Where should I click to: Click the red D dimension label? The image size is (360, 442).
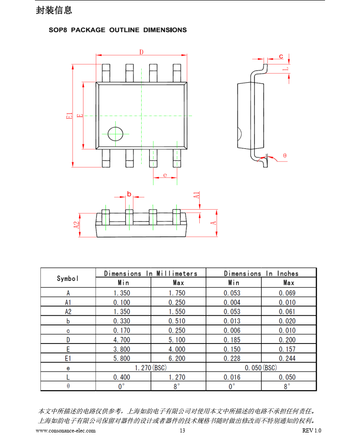(x=141, y=52)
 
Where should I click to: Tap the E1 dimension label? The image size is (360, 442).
(x=69, y=116)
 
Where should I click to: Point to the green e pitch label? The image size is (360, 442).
(x=165, y=175)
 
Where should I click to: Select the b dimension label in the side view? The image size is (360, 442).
(x=129, y=194)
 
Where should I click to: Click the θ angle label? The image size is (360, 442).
(x=285, y=156)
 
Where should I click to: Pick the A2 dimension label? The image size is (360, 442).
(x=76, y=225)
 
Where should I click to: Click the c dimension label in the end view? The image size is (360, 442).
(x=281, y=56)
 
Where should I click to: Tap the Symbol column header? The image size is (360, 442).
(x=68, y=279)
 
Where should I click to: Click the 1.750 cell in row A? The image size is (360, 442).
(x=177, y=293)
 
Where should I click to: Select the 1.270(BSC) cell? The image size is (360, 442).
(x=151, y=368)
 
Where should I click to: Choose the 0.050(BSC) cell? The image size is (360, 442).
(x=261, y=368)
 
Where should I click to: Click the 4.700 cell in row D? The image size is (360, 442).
(x=122, y=340)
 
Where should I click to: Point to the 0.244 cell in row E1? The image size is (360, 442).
(x=287, y=359)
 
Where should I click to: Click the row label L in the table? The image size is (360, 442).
(x=68, y=378)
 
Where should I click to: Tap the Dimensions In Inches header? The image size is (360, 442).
(x=261, y=274)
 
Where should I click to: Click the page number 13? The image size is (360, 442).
(x=182, y=431)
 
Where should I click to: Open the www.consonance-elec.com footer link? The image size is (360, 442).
(x=65, y=431)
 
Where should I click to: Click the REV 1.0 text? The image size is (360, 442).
(x=311, y=431)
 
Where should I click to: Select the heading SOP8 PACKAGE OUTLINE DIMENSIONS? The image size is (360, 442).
(x=118, y=30)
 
